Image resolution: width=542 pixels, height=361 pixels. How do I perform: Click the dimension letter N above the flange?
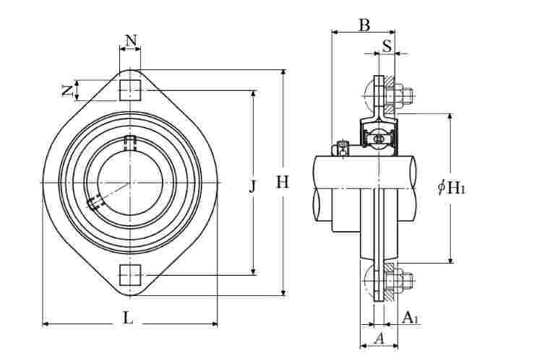pyautogui.click(x=131, y=40)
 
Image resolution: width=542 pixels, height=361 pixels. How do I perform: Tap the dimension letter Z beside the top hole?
pyautogui.click(x=67, y=90)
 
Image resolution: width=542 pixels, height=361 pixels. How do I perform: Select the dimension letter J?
pyautogui.click(x=253, y=186)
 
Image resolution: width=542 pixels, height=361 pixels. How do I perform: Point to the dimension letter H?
pyautogui.click(x=283, y=182)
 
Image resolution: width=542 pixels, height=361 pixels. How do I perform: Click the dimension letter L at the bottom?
pyautogui.click(x=128, y=318)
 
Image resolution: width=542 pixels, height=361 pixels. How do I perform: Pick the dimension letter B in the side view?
pyautogui.click(x=364, y=25)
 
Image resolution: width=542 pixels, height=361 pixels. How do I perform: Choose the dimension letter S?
pyautogui.click(x=387, y=45)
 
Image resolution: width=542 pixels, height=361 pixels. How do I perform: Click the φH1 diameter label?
pyautogui.click(x=451, y=188)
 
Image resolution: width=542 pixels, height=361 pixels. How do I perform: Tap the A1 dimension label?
pyautogui.click(x=411, y=317)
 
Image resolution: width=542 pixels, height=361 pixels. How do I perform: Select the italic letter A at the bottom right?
pyautogui.click(x=379, y=339)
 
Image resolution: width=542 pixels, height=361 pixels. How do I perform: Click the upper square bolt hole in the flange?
pyautogui.click(x=130, y=90)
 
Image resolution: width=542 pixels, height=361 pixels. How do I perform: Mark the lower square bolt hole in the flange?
pyautogui.click(x=130, y=275)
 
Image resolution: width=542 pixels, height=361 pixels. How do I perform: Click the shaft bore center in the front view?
pyautogui.click(x=130, y=182)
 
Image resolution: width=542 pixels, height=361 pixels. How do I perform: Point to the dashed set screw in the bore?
pyautogui.click(x=93, y=203)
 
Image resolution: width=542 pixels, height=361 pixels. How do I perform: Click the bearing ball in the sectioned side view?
pyautogui.click(x=379, y=139)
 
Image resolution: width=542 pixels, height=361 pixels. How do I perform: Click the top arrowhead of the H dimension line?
pyautogui.click(x=283, y=71)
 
